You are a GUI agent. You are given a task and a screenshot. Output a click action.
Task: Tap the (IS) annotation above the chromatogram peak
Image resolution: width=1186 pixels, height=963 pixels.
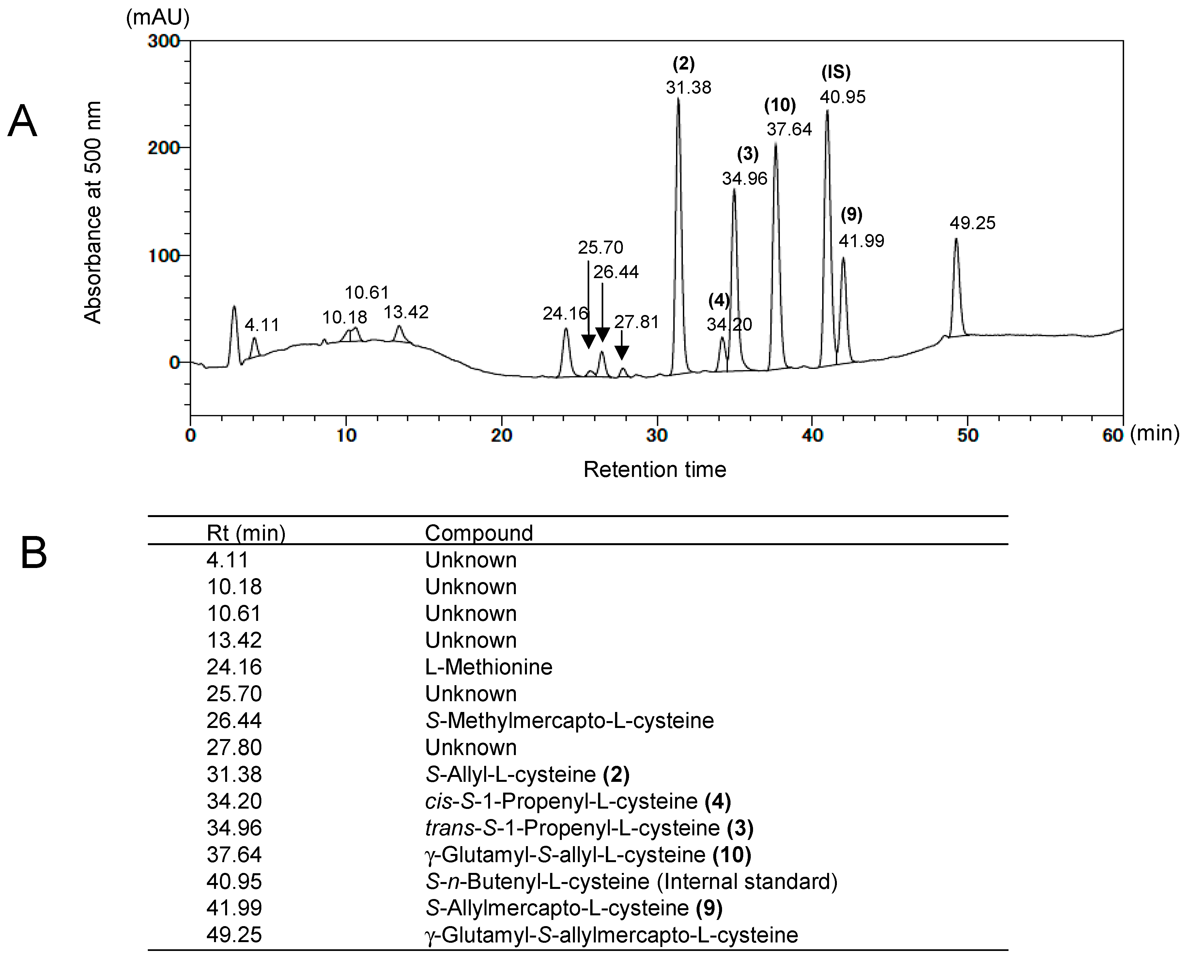[836, 71]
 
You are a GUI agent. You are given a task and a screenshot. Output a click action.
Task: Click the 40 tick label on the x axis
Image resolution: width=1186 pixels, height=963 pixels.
[812, 435]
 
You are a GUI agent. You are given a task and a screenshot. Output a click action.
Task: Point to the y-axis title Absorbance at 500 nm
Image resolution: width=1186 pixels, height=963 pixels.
[93, 213]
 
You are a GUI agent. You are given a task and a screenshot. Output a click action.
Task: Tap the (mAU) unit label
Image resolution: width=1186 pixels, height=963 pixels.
[158, 18]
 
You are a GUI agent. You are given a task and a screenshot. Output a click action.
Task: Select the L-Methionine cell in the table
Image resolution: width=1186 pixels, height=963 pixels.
[488, 667]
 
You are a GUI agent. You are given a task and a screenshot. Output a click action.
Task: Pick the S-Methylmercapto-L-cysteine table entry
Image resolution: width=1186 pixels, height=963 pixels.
[569, 720]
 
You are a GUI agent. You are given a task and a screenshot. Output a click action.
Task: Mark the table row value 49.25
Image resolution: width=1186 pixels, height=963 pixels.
[234, 935]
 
